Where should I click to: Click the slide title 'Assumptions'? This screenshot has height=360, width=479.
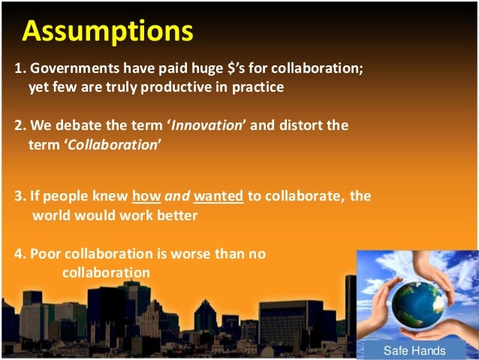107,31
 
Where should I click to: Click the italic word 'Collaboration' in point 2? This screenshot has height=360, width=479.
113,144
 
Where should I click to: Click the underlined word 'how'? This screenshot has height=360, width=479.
145,197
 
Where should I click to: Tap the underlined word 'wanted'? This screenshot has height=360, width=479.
218,197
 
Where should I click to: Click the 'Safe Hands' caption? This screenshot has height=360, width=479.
414,350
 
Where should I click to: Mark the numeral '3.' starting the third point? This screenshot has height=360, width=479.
20,197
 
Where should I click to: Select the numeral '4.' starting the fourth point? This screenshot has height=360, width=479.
20,254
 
